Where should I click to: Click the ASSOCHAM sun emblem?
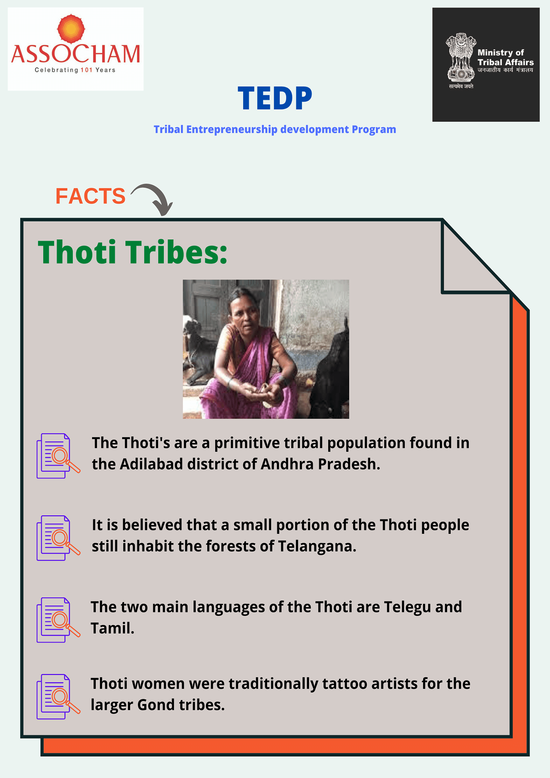tap(71, 28)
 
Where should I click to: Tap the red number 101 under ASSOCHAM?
tap(86, 70)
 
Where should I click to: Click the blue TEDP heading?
tap(275, 98)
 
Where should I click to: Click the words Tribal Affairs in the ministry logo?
tap(506, 62)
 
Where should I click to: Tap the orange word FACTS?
tap(90, 196)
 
